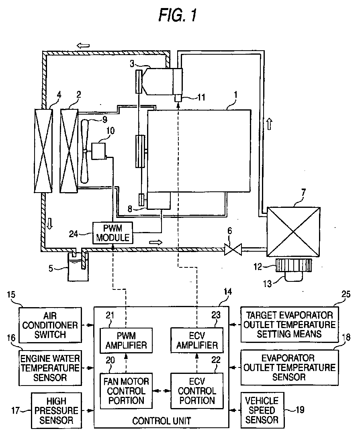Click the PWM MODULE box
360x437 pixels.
click(112, 233)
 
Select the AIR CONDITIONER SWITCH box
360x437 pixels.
click(50, 325)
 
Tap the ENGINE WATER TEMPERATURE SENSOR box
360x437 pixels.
click(50, 368)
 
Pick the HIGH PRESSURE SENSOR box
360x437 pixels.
click(56, 410)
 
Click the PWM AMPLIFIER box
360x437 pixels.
click(126, 340)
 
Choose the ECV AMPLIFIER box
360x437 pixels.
click(197, 340)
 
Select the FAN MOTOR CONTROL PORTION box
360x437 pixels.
click(126, 391)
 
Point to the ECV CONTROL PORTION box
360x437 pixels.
click(197, 391)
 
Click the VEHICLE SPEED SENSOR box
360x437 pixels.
click(262, 410)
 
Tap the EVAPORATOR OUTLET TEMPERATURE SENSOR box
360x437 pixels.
click(290, 367)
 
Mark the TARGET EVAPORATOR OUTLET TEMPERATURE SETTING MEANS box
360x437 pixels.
click(290, 325)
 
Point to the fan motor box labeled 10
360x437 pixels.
click(99, 151)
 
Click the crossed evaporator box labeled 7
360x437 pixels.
click(293, 232)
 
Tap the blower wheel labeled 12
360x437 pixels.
click(294, 265)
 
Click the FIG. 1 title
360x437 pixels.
click(178, 15)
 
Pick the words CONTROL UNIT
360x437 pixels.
click(162, 421)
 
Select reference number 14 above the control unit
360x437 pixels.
click(228, 291)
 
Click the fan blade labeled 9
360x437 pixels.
click(84, 151)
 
